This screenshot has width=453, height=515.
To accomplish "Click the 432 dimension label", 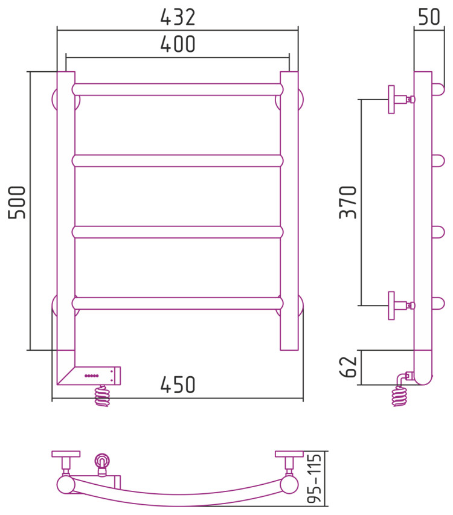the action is click(178, 17).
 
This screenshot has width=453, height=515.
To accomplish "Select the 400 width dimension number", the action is click(178, 44).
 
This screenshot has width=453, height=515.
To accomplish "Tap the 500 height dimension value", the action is click(17, 202).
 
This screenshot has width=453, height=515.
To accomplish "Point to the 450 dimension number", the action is click(178, 385).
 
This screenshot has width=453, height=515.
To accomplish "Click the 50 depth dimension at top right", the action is click(429, 17).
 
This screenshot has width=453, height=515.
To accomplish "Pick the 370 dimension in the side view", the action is click(348, 202).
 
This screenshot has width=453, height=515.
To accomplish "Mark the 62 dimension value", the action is click(348, 367).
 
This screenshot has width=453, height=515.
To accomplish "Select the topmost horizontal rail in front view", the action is click(178, 89).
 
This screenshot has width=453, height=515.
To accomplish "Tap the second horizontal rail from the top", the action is click(178, 161).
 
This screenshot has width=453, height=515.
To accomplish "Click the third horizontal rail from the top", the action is click(178, 232).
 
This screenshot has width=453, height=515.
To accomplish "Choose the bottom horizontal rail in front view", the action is click(178, 304).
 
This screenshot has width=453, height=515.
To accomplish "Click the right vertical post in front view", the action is click(289, 211).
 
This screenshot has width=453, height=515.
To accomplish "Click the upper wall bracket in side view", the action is click(402, 99).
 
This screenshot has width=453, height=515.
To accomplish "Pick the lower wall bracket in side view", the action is click(402, 305).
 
